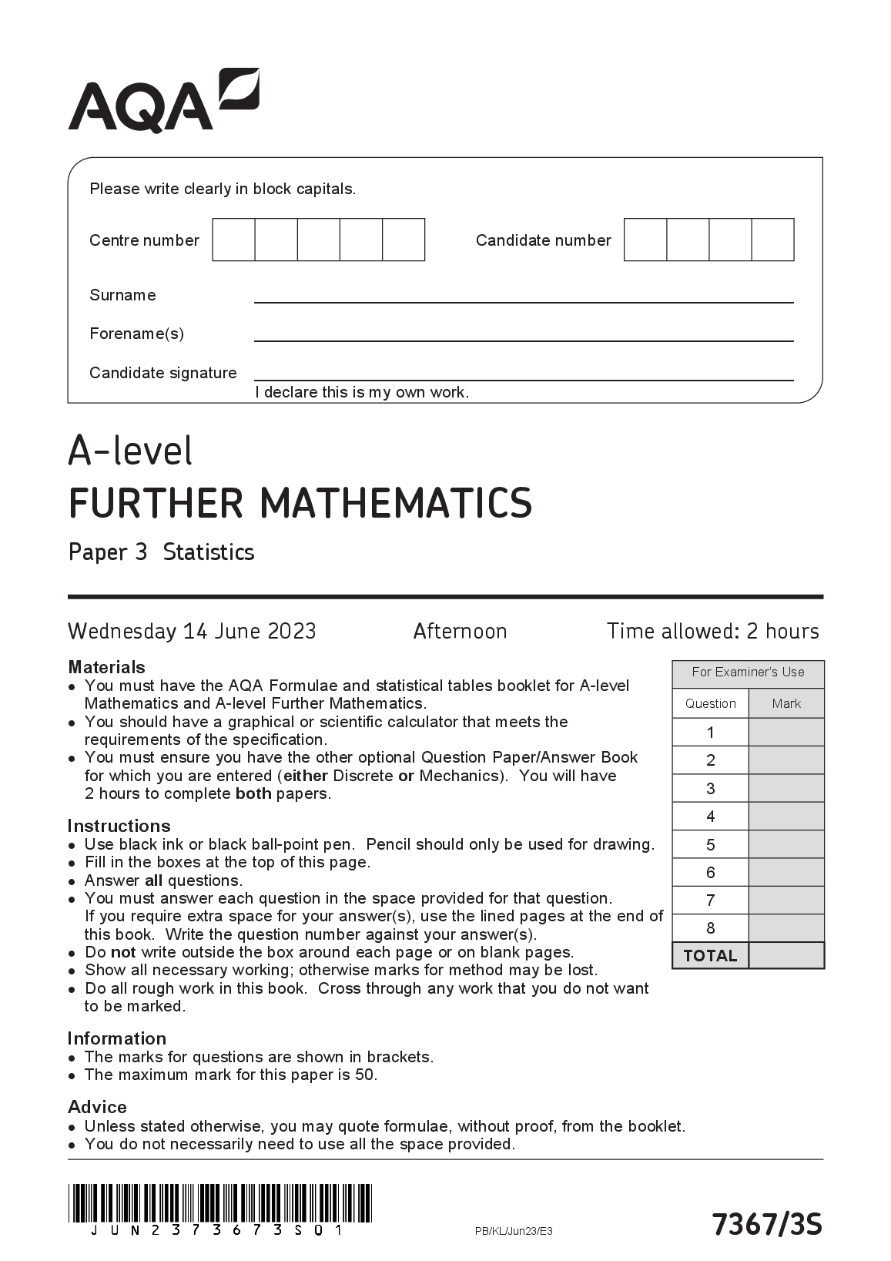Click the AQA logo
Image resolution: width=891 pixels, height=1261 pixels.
point(163,101)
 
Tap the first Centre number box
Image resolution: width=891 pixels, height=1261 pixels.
point(233,240)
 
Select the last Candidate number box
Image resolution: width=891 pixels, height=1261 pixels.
point(772,240)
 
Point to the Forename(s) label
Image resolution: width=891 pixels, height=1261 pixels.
point(136,334)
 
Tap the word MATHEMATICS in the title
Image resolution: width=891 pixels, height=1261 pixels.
point(396,502)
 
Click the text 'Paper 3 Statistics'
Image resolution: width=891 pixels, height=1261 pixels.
point(161,552)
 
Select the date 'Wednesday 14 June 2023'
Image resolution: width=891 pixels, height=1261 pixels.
point(192,632)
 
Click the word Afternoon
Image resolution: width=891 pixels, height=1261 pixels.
point(460,632)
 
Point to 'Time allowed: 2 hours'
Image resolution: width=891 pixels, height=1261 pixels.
point(712,632)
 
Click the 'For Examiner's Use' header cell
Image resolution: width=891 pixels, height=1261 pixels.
point(748,672)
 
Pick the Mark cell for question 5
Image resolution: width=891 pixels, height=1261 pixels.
point(786,844)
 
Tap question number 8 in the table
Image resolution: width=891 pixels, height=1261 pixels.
point(710,928)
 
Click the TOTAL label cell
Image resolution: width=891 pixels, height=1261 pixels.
point(710,956)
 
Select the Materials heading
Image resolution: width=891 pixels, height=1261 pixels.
point(106,667)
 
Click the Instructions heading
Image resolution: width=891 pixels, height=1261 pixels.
point(119,826)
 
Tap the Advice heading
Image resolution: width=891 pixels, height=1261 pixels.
point(97,1107)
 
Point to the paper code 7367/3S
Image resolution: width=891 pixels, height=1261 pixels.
point(766,1224)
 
